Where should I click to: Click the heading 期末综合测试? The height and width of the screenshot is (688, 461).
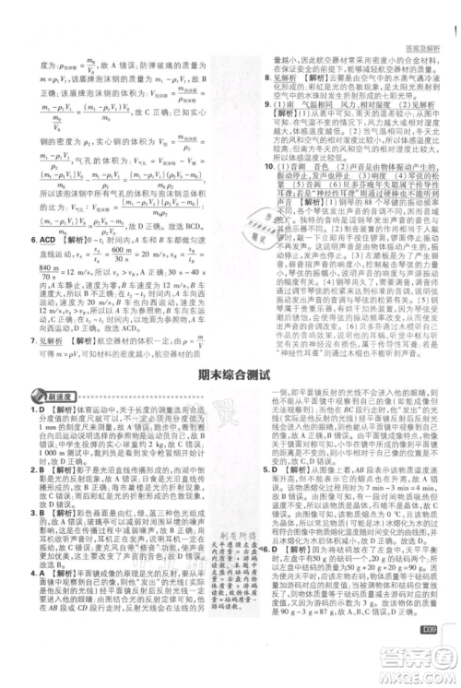tap(230, 374)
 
